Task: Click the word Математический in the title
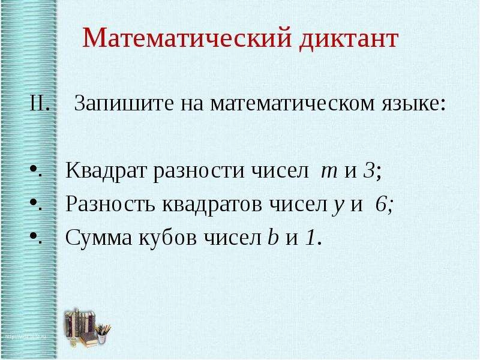(185, 40)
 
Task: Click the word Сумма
(94, 238)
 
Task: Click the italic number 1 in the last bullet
(310, 238)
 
